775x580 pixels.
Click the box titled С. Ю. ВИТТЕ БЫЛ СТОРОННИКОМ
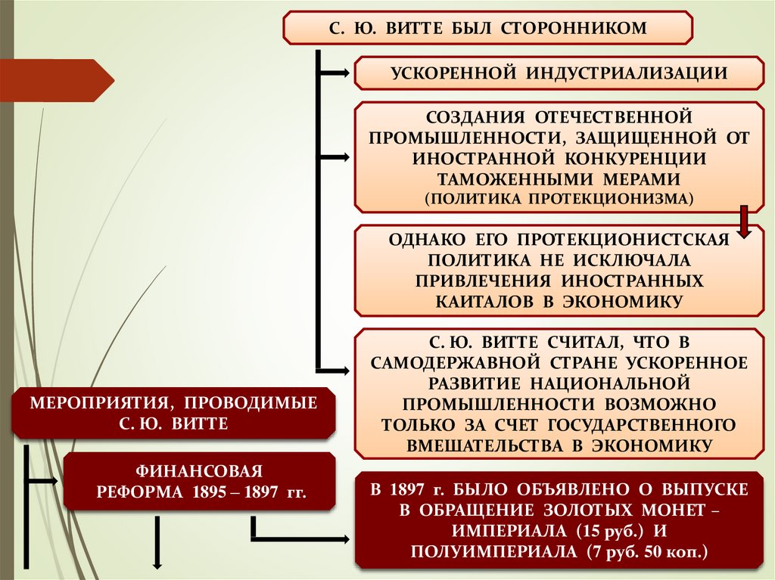point(487,28)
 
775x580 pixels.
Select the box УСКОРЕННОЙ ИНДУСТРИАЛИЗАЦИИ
point(559,73)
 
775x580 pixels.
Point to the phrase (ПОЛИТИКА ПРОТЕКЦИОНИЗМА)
point(559,198)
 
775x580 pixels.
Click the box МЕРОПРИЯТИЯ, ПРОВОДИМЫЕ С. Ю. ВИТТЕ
point(173,412)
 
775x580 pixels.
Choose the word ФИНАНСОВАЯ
point(200,472)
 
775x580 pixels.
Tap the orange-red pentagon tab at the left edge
point(57,79)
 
